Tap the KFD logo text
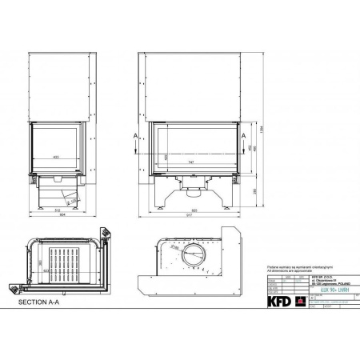click(280, 302)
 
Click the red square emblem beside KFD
click(300, 302)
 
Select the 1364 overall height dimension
click(262, 128)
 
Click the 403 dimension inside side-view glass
click(55, 157)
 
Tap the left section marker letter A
click(137, 135)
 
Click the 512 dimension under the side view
click(46, 210)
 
